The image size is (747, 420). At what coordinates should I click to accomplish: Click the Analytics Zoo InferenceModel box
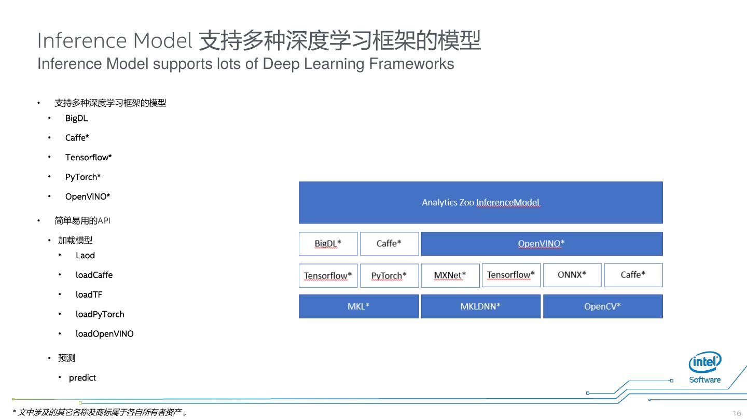tap(480, 202)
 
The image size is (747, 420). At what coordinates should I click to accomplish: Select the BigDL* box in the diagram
tap(328, 244)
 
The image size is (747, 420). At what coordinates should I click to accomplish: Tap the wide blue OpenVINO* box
tap(542, 244)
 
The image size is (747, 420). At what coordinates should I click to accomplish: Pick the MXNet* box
tap(450, 275)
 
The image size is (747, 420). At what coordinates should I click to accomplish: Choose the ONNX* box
tap(572, 275)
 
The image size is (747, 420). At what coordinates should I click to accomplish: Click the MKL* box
tap(358, 306)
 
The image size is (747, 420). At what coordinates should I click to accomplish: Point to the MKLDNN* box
tap(480, 306)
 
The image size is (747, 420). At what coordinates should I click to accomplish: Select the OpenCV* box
tap(602, 306)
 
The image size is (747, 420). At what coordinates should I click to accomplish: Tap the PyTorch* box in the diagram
tap(389, 275)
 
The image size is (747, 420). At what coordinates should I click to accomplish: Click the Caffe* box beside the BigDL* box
tap(389, 244)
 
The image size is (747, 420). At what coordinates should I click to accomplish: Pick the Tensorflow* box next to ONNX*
tap(511, 275)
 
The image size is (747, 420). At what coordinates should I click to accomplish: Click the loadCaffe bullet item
tap(94, 275)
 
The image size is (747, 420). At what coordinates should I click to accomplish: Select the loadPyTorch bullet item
tap(100, 314)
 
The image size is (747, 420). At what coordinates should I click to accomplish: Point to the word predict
tap(82, 377)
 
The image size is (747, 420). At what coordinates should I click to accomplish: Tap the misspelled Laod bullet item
tap(85, 255)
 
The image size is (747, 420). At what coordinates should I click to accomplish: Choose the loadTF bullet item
tap(89, 295)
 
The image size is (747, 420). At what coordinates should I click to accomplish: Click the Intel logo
tap(704, 362)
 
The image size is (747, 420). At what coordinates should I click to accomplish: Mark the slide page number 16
tap(737, 413)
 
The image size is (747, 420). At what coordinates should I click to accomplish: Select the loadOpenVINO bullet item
tap(104, 334)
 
